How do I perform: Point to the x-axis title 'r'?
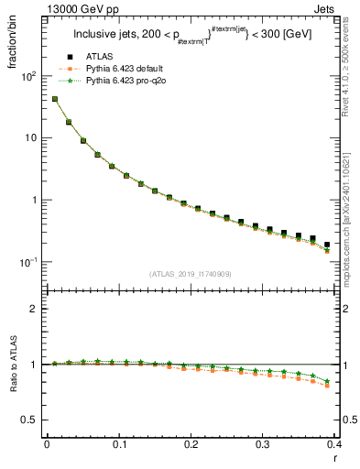335,459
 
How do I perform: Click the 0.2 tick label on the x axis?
191,444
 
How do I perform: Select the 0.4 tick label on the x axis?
333,444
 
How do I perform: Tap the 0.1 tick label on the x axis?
118,444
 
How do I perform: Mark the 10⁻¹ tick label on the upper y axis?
29,262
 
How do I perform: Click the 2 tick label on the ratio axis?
35,309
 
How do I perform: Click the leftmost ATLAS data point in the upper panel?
54,99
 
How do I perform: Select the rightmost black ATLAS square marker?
327,245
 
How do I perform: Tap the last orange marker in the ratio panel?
327,386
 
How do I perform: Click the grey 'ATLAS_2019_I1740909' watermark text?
190,273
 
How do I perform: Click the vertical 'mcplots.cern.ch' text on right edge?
352,220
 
